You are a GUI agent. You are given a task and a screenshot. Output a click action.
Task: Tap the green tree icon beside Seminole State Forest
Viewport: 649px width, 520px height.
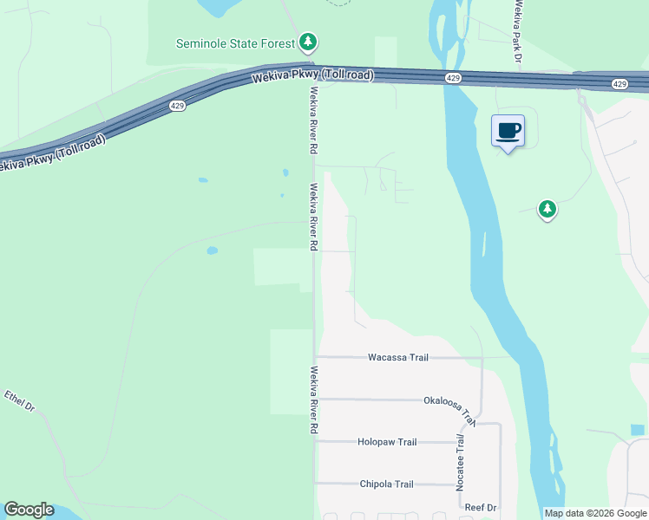(x=308, y=42)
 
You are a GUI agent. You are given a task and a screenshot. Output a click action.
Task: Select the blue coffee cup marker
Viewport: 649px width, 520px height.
(x=508, y=132)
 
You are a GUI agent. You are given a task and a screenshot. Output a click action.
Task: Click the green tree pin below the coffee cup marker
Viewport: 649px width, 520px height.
(x=547, y=209)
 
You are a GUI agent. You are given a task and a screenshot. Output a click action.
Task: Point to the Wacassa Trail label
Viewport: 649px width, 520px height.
(x=398, y=357)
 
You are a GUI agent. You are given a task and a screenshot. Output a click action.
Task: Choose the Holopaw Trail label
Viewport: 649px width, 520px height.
(x=387, y=442)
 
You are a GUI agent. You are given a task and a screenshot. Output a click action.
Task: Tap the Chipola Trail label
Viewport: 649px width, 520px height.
(x=387, y=484)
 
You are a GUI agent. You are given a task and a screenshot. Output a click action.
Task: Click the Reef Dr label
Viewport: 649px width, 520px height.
(x=479, y=507)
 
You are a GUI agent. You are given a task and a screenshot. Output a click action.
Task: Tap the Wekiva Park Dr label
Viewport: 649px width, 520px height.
(x=516, y=33)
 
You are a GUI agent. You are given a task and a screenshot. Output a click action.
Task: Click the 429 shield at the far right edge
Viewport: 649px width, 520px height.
(x=619, y=84)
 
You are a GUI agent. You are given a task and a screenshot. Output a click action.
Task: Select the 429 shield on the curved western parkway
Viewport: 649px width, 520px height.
(x=177, y=106)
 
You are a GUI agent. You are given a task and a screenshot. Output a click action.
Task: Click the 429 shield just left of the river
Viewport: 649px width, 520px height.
(x=453, y=78)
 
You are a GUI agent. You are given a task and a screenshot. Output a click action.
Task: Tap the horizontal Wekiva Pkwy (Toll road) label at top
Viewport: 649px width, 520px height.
(x=313, y=76)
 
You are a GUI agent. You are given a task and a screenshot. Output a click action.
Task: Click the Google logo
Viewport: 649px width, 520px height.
(x=29, y=510)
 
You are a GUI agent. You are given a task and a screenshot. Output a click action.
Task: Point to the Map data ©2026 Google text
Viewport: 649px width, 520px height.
(x=595, y=513)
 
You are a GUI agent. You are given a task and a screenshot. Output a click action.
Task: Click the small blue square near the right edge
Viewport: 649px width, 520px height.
(x=638, y=430)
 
